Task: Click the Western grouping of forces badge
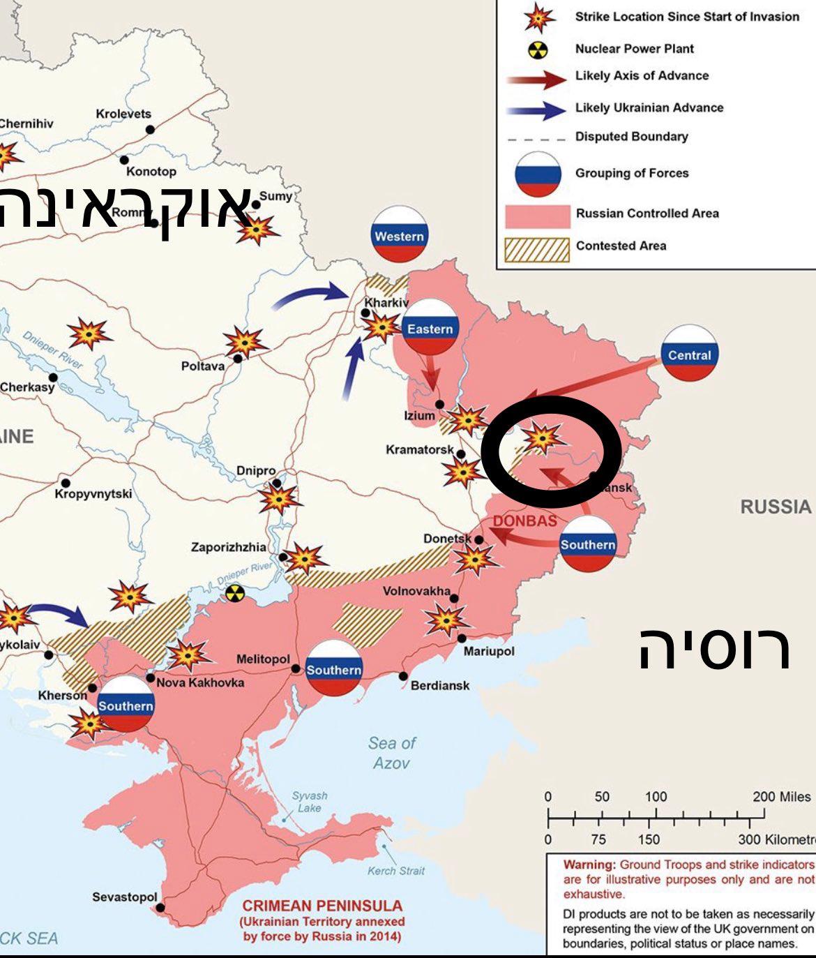click(399, 234)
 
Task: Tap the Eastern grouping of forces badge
click(430, 327)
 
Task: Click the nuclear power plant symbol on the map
click(236, 594)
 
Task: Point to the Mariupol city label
click(489, 651)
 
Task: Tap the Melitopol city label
click(263, 659)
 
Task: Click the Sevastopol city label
click(125, 897)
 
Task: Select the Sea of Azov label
click(392, 753)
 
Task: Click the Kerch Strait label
click(396, 871)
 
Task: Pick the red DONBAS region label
click(525, 521)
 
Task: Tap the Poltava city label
click(203, 366)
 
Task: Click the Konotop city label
click(151, 172)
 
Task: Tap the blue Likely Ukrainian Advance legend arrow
click(536, 109)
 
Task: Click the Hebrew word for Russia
click(716, 648)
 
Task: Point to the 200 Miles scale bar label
click(782, 797)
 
